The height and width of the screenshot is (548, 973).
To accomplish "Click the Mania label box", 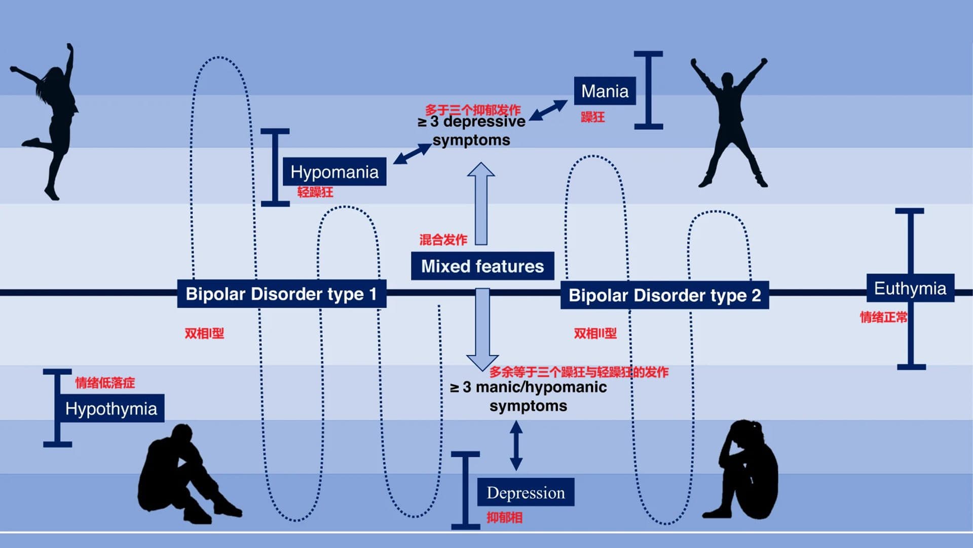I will point(605,91).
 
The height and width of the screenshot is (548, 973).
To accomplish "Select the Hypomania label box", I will point(334,172).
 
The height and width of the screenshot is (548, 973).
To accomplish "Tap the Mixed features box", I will point(482,266).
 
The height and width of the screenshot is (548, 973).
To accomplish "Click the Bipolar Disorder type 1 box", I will point(281,294).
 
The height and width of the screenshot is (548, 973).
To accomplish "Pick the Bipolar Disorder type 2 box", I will point(664,295).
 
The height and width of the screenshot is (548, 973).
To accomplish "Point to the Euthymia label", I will point(910,288).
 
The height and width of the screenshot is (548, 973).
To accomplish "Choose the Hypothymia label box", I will point(111,408).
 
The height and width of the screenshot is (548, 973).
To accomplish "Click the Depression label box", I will point(526,492).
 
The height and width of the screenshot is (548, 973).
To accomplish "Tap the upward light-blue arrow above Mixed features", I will point(481,203).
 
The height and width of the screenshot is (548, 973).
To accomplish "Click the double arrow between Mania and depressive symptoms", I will point(548,110).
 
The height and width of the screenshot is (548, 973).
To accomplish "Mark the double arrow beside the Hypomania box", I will point(412,154).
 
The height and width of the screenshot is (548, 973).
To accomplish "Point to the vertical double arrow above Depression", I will point(516,446).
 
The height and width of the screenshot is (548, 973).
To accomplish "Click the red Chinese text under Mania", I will point(592,117).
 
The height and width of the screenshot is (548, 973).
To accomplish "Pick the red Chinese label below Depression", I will point(504,518).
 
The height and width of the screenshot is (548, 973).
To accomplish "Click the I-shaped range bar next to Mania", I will point(648,90).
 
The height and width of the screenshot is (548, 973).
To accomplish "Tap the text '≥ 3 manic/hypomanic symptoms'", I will point(528,396).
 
